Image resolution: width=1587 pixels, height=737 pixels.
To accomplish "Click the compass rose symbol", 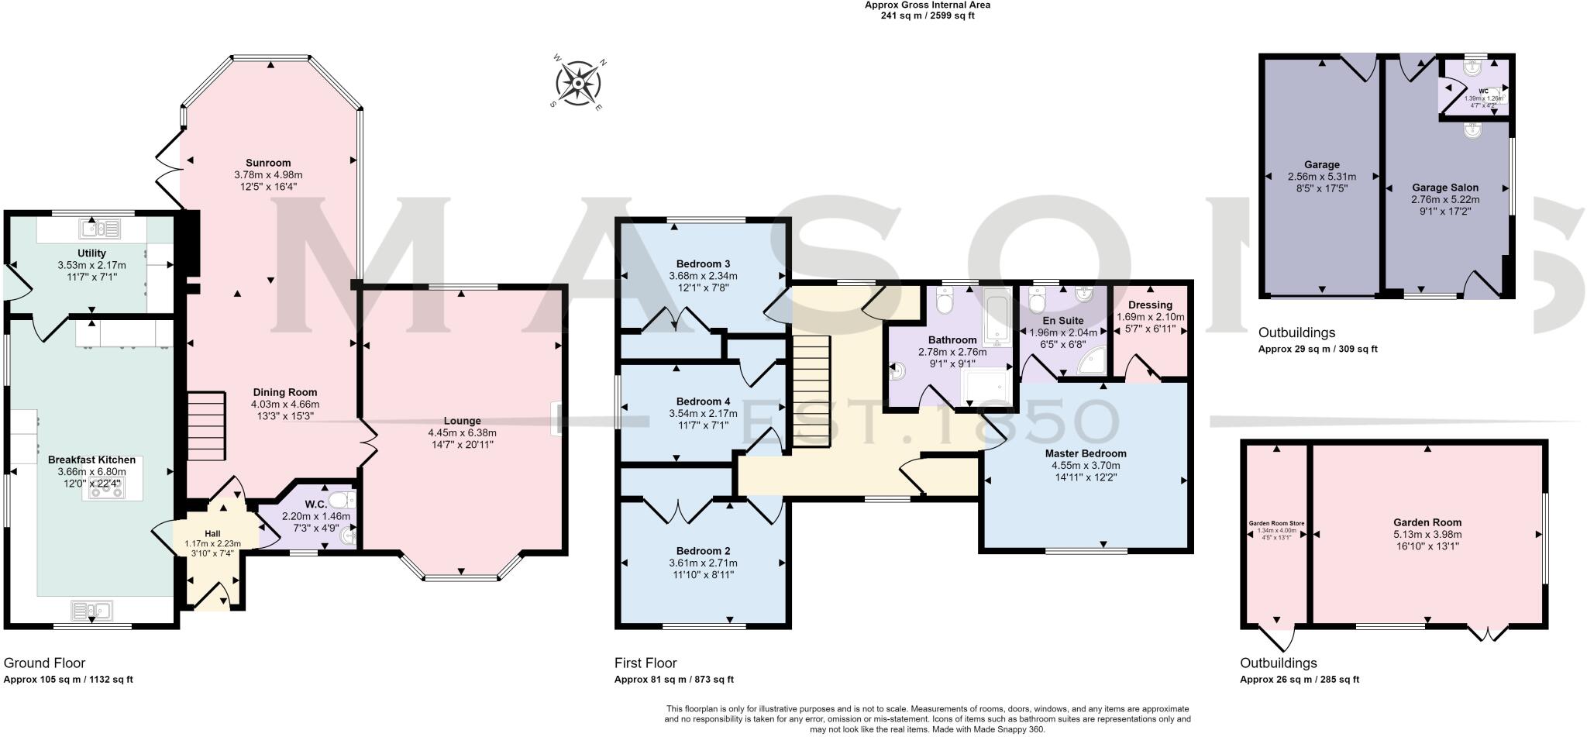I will click(579, 82).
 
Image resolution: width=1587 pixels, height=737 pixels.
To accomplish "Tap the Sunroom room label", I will click(268, 163).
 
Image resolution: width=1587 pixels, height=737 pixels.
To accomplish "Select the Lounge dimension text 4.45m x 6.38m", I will click(462, 432).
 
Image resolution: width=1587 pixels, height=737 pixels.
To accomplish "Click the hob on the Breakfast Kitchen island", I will click(102, 491).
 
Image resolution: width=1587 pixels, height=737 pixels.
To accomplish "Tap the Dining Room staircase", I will click(206, 426).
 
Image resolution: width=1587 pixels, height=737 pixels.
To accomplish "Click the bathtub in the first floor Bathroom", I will click(995, 319).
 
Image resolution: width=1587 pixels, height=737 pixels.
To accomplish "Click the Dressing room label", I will click(1150, 305).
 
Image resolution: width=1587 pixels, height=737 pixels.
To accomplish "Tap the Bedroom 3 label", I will click(703, 263).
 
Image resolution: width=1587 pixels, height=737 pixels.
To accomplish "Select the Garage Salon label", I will click(1444, 188).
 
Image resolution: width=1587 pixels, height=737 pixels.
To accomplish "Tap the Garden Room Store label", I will click(1276, 524).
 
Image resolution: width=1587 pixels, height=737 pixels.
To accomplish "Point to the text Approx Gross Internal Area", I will click(927, 5).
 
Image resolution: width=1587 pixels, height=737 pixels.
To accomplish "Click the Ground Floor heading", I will click(44, 663).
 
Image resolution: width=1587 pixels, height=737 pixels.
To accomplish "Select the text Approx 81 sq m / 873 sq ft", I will click(673, 680).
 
